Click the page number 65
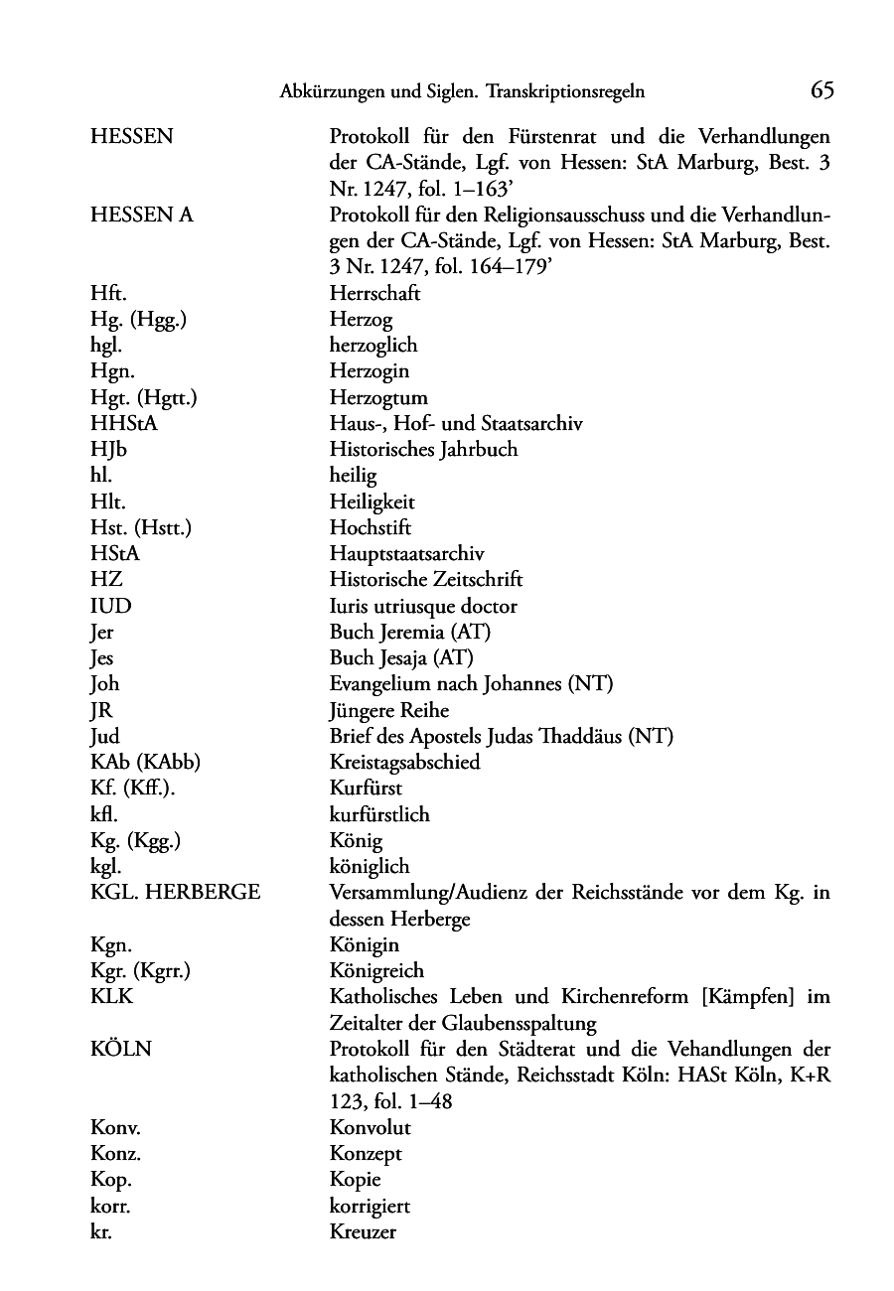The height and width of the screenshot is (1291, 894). pyautogui.click(x=821, y=91)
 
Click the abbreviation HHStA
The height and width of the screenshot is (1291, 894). pyautogui.click(x=124, y=424)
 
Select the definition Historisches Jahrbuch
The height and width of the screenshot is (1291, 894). pyautogui.click(x=423, y=450)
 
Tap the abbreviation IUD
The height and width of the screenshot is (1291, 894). pyautogui.click(x=110, y=606)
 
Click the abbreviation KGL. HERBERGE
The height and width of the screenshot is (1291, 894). pyautogui.click(x=175, y=893)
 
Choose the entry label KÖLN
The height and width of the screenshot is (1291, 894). pyautogui.click(x=120, y=1049)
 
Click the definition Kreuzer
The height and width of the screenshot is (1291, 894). pyautogui.click(x=363, y=1232)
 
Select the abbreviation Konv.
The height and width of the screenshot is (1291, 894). pyautogui.click(x=114, y=1128)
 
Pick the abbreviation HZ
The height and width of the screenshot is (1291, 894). pyautogui.click(x=106, y=580)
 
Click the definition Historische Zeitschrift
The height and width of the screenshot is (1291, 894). pyautogui.click(x=426, y=580)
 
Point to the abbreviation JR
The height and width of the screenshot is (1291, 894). pyautogui.click(x=102, y=710)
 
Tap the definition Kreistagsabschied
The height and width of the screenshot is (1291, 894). pyautogui.click(x=404, y=763)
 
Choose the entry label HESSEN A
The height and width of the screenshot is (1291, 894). pyautogui.click(x=141, y=215)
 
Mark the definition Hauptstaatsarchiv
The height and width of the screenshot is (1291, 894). pyautogui.click(x=407, y=554)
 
